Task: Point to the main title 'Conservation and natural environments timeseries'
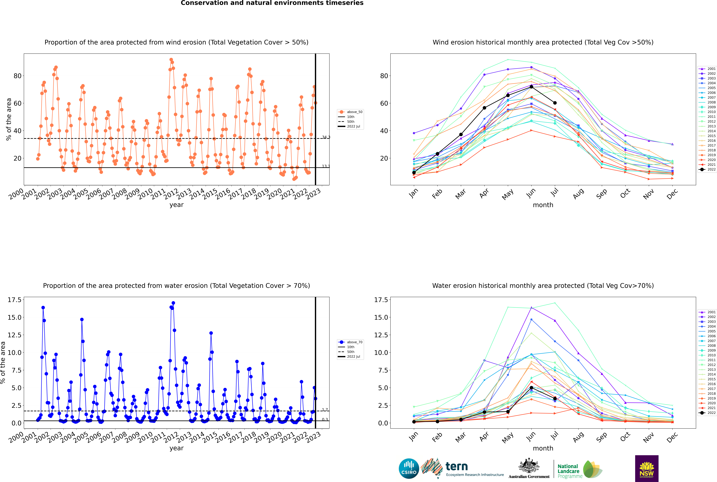(x=272, y=3)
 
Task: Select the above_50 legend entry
(x=350, y=112)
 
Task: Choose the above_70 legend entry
(x=350, y=342)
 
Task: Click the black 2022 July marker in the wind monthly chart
(x=555, y=103)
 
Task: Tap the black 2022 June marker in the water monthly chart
(x=531, y=388)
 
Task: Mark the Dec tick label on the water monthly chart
(x=672, y=437)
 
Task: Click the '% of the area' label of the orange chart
(x=9, y=119)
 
